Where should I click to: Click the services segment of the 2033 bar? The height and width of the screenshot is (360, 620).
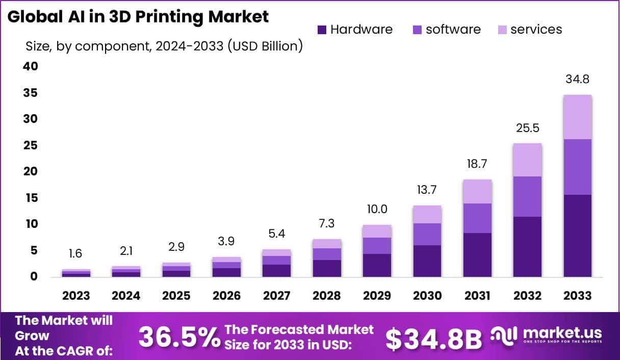click(577, 117)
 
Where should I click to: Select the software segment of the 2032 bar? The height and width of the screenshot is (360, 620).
click(527, 196)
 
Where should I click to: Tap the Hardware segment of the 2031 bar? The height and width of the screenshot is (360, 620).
click(477, 254)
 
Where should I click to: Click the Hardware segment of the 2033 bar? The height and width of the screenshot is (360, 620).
click(577, 236)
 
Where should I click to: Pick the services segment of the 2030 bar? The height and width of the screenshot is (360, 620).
click(427, 214)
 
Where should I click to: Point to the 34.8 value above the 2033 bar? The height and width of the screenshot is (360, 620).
click(577, 80)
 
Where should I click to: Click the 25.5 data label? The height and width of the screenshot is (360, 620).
click(527, 128)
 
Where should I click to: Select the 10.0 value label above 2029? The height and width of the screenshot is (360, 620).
click(377, 209)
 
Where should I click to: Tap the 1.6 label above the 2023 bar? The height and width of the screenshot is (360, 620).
click(75, 254)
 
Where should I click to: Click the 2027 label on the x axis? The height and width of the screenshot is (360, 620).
click(276, 296)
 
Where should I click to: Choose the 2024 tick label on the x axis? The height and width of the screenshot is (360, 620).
click(126, 296)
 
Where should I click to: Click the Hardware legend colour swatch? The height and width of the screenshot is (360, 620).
click(322, 30)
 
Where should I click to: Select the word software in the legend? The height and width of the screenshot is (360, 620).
click(453, 30)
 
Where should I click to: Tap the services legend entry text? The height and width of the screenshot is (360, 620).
click(536, 30)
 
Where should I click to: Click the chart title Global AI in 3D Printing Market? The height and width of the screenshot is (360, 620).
click(138, 16)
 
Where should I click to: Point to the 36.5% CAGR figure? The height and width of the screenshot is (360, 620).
click(179, 337)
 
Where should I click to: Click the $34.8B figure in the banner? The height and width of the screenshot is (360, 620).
click(433, 338)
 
